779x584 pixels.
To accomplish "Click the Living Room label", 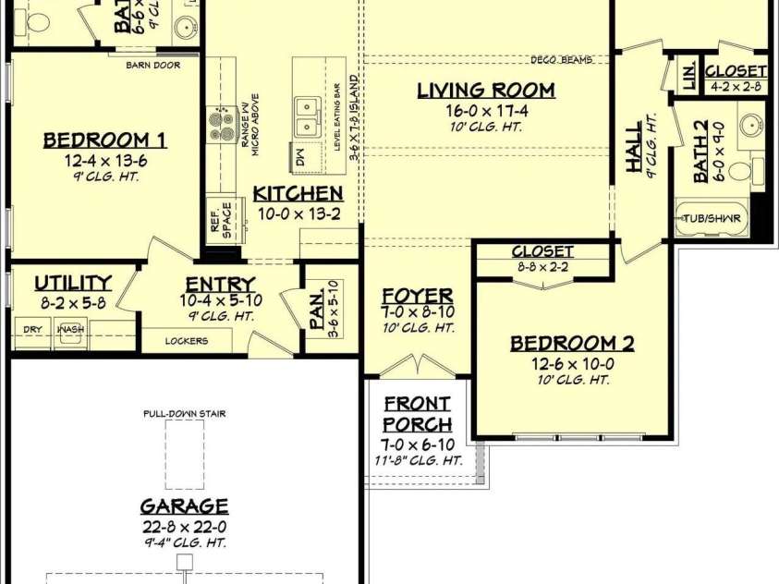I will coord(486,91).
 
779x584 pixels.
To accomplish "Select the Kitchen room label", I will coord(298,194).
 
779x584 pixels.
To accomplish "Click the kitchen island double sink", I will coord(307,117).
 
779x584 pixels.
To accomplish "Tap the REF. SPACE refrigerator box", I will coord(221,218).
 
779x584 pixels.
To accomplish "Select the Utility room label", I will coord(73,283).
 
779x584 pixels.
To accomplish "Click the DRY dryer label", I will coord(31,328).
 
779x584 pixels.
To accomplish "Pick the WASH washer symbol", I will coord(71,331).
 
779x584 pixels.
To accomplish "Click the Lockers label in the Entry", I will coord(186,341).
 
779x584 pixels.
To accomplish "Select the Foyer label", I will coord(418,297).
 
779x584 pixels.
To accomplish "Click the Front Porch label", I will coord(418,414).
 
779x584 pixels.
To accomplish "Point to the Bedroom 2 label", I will coord(572,344).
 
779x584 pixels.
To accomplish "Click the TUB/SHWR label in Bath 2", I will coord(712,219).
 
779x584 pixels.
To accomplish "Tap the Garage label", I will coord(185,506).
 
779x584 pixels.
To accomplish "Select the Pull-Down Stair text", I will coord(185,414).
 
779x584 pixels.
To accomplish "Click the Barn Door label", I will coord(152,66).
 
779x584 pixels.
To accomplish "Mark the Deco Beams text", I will coord(562,60).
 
